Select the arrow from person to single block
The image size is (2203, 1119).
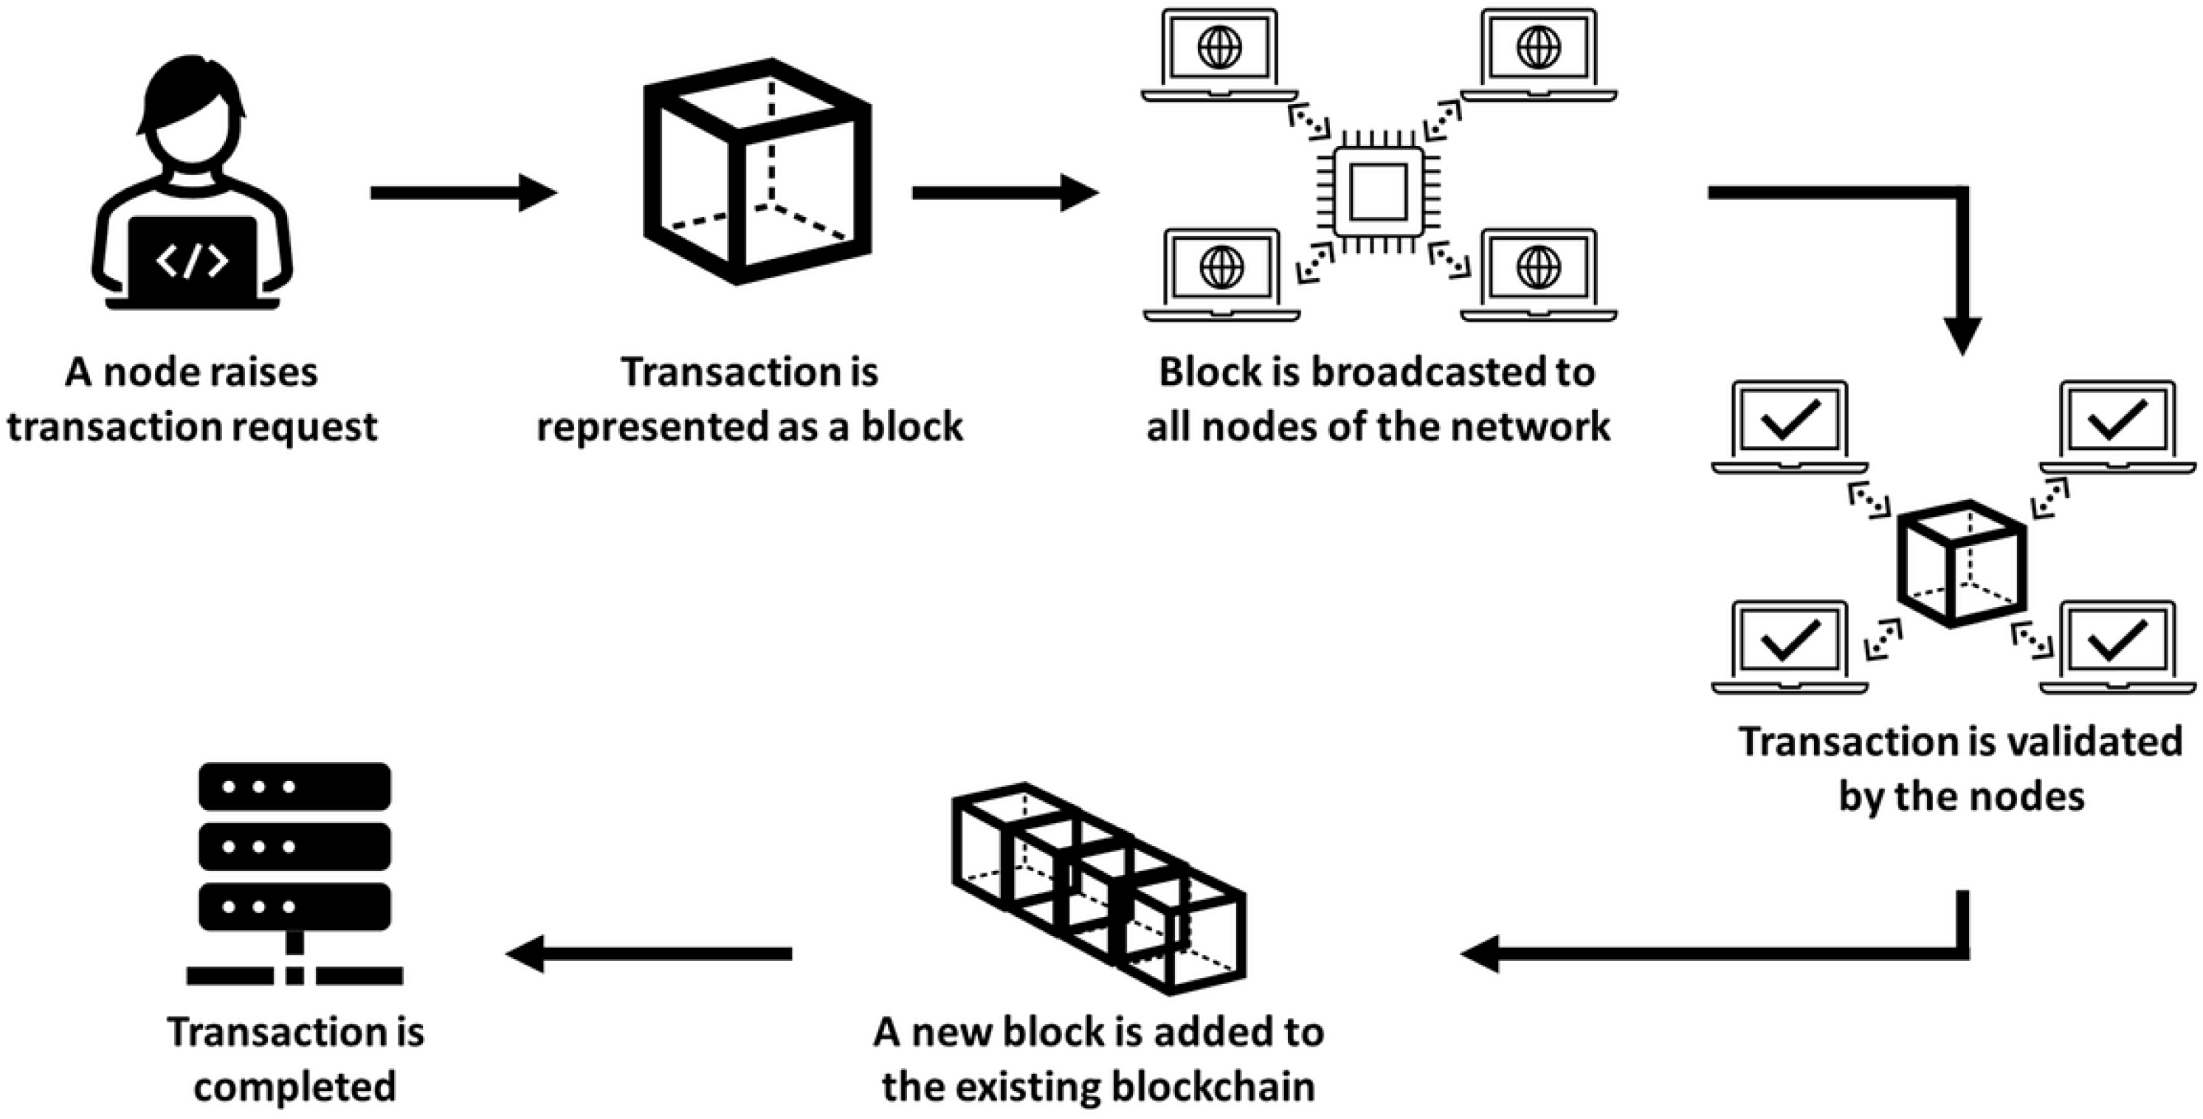[463, 193]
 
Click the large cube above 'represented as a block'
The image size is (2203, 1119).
[757, 171]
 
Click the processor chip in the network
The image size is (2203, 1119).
[1378, 192]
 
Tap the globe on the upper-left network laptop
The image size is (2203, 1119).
[1219, 47]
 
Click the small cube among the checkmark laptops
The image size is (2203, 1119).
[1962, 564]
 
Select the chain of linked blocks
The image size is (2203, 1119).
[1099, 889]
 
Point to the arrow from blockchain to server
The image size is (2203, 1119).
[650, 953]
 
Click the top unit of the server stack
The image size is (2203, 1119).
[294, 786]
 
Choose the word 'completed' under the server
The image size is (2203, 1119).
[295, 1087]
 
